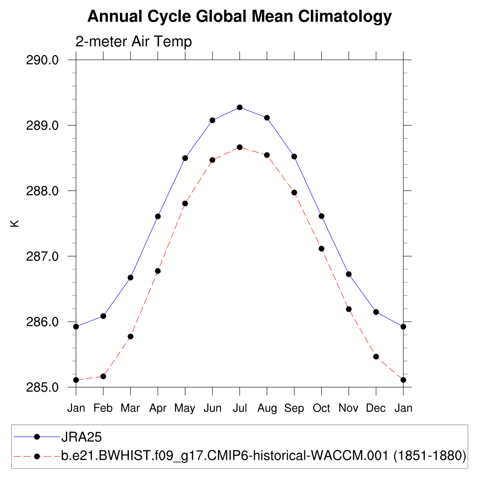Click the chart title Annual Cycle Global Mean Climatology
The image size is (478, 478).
tap(239, 17)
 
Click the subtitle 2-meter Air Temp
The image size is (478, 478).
tap(134, 42)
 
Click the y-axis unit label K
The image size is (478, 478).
tap(15, 224)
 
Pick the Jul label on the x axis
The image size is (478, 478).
tap(239, 408)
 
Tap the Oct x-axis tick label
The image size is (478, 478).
tap(322, 408)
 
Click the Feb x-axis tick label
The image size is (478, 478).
tap(103, 408)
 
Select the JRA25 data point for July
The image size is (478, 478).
tap(239, 107)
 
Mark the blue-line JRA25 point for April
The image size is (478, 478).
tap(158, 216)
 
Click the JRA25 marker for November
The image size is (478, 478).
tap(349, 274)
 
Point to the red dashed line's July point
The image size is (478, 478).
tap(239, 147)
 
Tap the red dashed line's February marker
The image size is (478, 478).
tap(103, 376)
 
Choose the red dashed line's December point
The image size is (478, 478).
tap(376, 357)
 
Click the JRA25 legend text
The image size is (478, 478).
tap(82, 437)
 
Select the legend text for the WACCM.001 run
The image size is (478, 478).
tap(264, 455)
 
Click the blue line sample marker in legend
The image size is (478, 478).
tap(37, 437)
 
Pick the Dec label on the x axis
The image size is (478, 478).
tap(376, 408)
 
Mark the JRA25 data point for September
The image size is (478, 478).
tap(294, 156)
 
